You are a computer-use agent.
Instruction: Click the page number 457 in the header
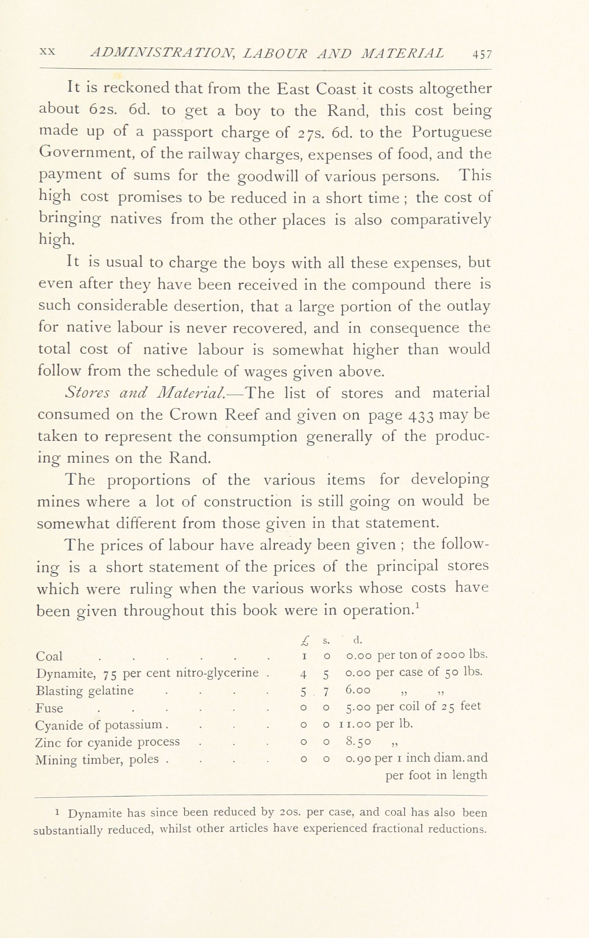click(482, 54)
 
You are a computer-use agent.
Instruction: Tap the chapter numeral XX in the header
click(48, 52)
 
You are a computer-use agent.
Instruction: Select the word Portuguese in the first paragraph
click(451, 132)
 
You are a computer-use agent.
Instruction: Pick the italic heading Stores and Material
click(145, 393)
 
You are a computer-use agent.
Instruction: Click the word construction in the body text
click(247, 502)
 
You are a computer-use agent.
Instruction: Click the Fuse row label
click(49, 708)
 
